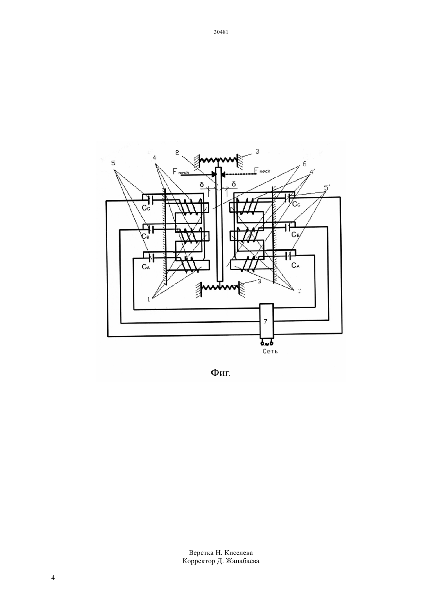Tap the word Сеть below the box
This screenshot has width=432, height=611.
[270, 351]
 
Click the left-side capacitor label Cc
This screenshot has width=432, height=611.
[146, 208]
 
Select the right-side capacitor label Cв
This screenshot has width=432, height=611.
[295, 234]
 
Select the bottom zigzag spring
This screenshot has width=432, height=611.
[220, 287]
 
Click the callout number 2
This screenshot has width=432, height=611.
[177, 152]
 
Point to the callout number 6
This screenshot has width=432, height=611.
[304, 164]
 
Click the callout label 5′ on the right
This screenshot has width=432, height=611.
[327, 188]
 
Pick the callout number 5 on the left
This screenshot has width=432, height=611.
[113, 163]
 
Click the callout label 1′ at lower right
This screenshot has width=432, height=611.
[299, 291]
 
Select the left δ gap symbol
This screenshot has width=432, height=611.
[202, 185]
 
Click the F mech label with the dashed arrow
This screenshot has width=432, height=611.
[262, 170]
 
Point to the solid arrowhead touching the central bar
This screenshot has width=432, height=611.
[214, 174]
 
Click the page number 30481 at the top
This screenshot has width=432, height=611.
[221, 32]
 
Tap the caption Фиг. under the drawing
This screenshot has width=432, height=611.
[220, 373]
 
